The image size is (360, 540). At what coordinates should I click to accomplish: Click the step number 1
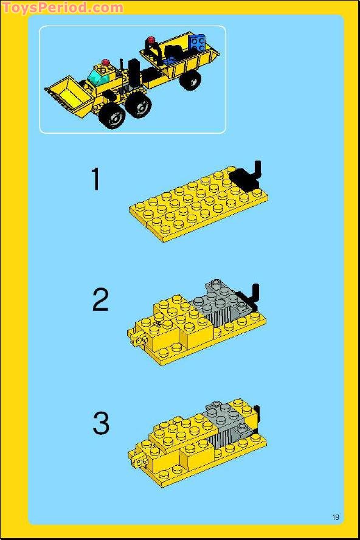click(95, 179)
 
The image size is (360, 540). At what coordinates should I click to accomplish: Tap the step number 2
click(100, 300)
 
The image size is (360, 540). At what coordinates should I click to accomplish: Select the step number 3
click(101, 423)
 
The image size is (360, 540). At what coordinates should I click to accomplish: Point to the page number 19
click(336, 517)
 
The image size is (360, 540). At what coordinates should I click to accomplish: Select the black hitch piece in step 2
click(251, 296)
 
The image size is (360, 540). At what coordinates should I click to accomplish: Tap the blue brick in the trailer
click(196, 43)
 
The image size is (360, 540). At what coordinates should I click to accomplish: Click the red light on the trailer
click(151, 40)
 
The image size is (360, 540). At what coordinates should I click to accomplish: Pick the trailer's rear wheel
click(191, 80)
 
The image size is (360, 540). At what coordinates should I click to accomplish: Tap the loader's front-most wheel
click(112, 116)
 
